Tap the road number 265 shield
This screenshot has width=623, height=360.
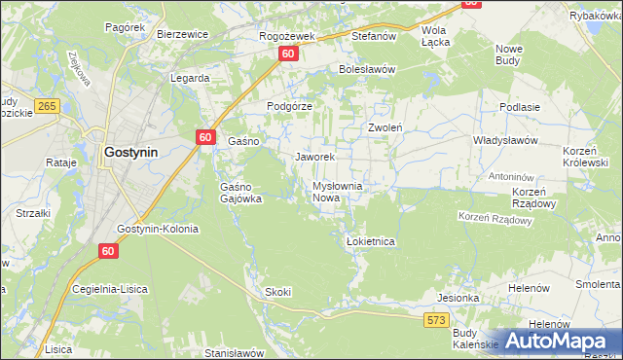click(x=46, y=105)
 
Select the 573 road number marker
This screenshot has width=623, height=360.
click(x=435, y=318)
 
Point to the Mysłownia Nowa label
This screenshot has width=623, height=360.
click(x=337, y=192)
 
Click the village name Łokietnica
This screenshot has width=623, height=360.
click(x=370, y=241)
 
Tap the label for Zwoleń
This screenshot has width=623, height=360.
click(x=385, y=127)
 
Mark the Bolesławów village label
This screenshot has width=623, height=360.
click(x=366, y=70)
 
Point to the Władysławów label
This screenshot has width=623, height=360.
click(x=505, y=140)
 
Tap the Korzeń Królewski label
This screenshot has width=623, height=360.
click(x=586, y=158)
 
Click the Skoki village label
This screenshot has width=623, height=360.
click(x=277, y=292)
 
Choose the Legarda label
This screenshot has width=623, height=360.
click(x=190, y=78)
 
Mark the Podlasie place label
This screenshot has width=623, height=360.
click(x=519, y=107)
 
